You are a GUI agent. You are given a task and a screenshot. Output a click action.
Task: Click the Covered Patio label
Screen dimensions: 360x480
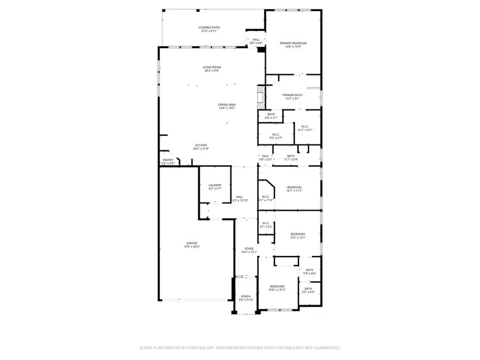210,29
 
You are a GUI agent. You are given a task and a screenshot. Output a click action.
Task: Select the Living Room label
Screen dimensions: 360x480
211,68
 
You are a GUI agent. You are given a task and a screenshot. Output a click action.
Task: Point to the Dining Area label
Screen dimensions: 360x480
227,106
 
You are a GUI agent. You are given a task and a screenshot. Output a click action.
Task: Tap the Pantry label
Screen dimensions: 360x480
168,161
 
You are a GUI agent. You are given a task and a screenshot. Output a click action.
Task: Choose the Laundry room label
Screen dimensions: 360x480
215,186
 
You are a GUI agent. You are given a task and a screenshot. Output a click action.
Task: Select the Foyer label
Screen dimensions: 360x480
249,250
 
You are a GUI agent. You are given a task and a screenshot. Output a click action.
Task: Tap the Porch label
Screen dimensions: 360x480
246,298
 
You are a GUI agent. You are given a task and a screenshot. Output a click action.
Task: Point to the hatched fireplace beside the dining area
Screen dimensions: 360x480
261,98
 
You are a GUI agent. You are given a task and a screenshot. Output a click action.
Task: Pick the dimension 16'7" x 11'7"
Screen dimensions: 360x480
294,190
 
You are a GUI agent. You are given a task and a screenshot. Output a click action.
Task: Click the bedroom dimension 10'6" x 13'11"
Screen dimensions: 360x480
277,290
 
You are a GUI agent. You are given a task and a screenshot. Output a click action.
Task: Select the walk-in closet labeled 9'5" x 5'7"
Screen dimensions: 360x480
276,138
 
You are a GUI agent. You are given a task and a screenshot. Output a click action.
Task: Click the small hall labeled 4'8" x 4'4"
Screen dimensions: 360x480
256,41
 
